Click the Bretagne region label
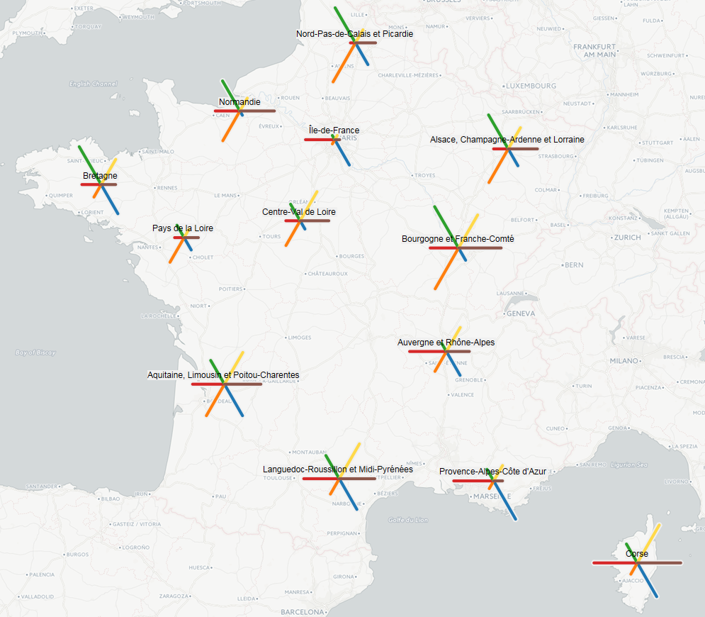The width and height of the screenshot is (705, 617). pos(100,176)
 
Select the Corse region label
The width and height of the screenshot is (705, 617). pos(637,554)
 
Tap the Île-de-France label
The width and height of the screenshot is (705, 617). pos(334,130)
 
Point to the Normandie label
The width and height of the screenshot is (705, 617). pos(239,102)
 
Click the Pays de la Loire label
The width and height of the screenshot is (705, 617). pos(183,228)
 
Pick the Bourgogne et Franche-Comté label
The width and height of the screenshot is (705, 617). pos(458,239)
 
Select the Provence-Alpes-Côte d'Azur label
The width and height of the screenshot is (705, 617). pos(492,472)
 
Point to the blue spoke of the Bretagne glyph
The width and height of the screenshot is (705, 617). pos(111,203)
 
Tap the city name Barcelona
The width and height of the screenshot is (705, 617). pos(302,611)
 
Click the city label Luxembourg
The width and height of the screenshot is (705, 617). pos(531,86)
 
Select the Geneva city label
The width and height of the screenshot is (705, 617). pos(521,313)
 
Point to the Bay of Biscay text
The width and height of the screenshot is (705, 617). pos(35,352)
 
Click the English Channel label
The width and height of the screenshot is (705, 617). pos(93,84)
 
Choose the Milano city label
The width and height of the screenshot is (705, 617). pos(624,360)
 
